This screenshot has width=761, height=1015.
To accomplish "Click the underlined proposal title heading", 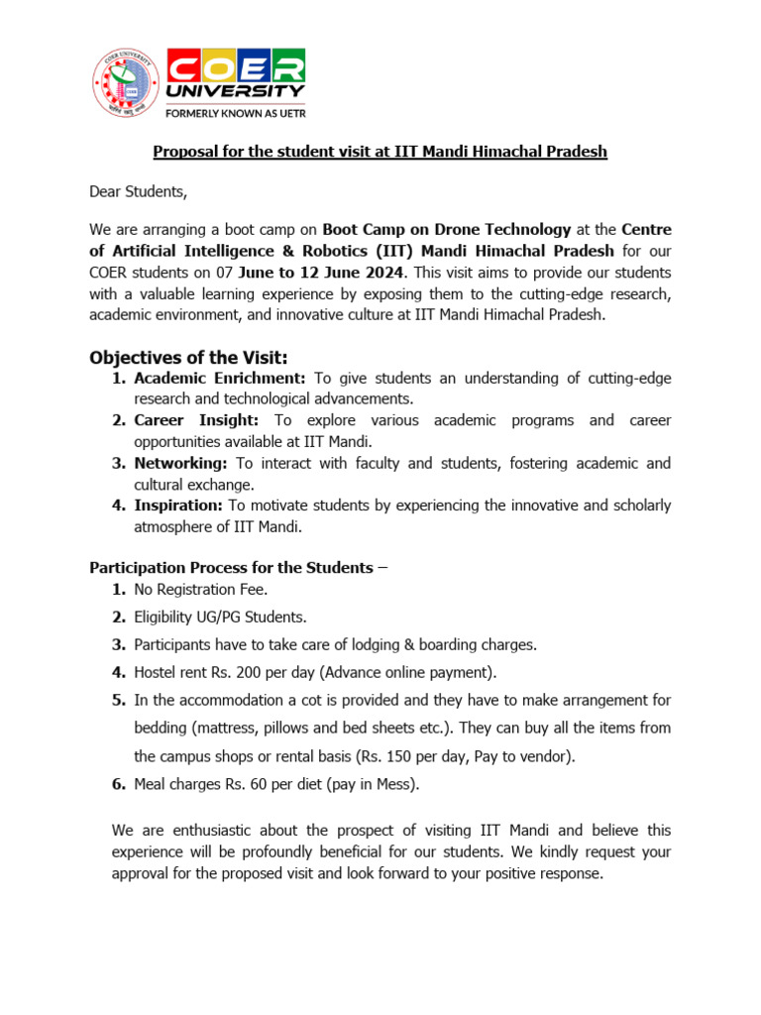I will pyautogui.click(x=380, y=152).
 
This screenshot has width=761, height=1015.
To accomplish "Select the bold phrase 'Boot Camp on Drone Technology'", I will pyautogui.click(x=447, y=229).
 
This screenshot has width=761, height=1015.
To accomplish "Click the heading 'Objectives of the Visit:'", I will pyautogui.click(x=187, y=357).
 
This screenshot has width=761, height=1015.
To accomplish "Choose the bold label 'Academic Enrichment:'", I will pyautogui.click(x=221, y=378).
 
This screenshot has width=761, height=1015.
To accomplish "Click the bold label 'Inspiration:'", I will pyautogui.click(x=179, y=506).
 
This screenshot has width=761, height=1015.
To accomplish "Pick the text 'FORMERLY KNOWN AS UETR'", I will pyautogui.click(x=235, y=113).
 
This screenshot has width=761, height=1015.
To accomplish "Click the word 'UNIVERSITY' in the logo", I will pyautogui.click(x=236, y=91).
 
